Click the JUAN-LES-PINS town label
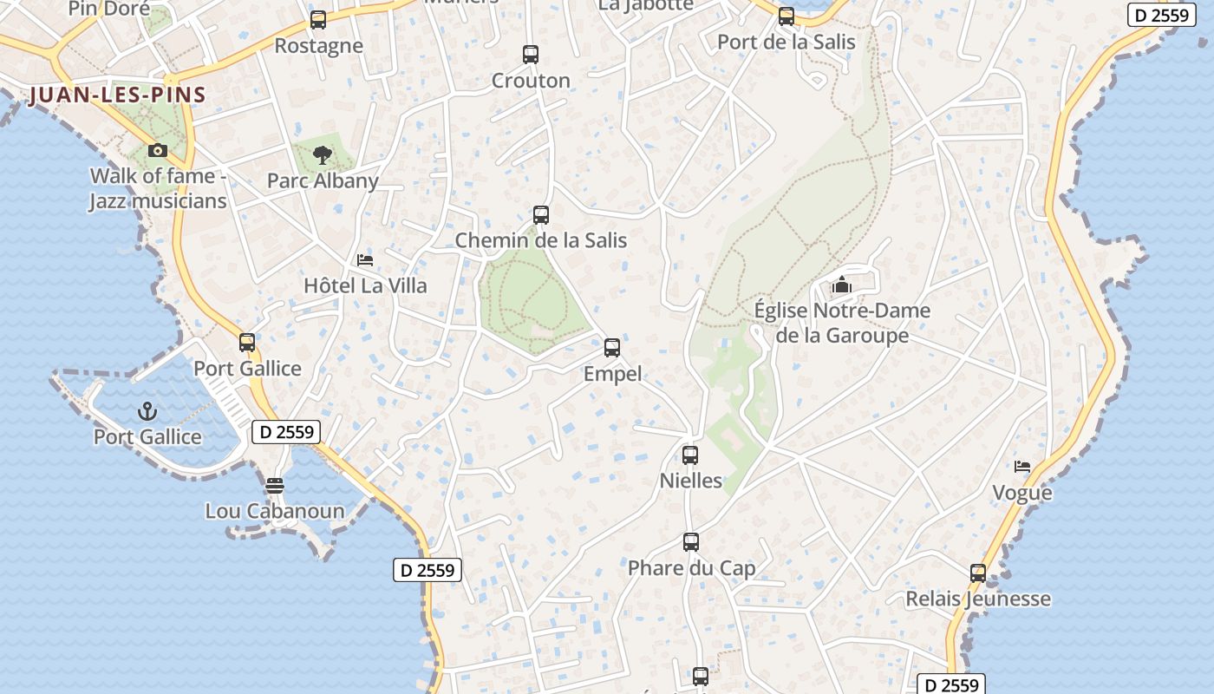pyautogui.click(x=117, y=95)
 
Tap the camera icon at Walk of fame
pyautogui.click(x=157, y=150)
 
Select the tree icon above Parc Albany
pyautogui.click(x=323, y=155)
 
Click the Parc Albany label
pyautogui.click(x=323, y=180)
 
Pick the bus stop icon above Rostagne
pyautogui.click(x=318, y=20)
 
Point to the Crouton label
pyautogui.click(x=531, y=81)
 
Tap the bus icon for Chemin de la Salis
pyautogui.click(x=541, y=214)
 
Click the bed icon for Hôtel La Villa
pyautogui.click(x=365, y=260)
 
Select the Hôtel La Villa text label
pyautogui.click(x=365, y=285)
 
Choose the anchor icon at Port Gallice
pyautogui.click(x=147, y=410)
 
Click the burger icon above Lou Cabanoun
pyautogui.click(x=275, y=485)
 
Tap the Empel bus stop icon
pyautogui.click(x=612, y=348)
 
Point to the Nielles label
pyautogui.click(x=691, y=480)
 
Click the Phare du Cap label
pyautogui.click(x=691, y=568)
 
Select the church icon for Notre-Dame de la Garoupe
pyautogui.click(x=841, y=285)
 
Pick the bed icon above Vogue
pyautogui.click(x=1022, y=467)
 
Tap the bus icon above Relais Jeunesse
pyautogui.click(x=978, y=573)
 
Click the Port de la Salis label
pyautogui.click(x=786, y=42)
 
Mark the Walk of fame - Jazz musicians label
pyautogui.click(x=158, y=188)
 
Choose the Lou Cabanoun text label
pyautogui.click(x=275, y=511)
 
